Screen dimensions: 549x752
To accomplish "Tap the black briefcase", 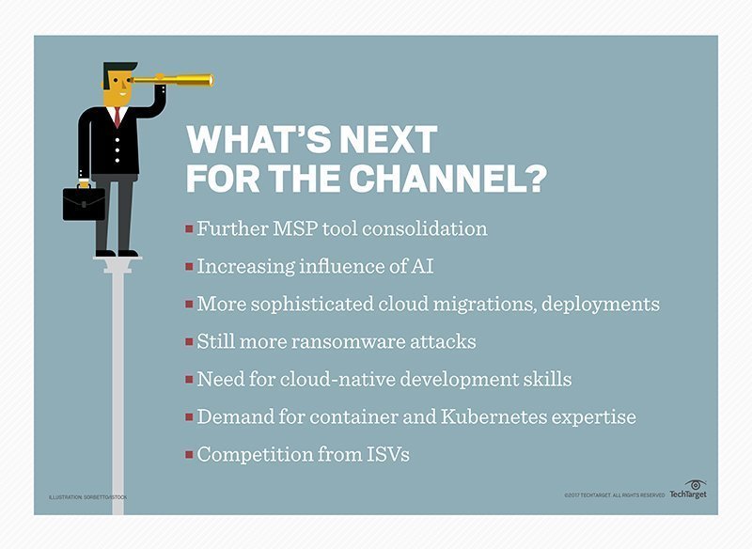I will (84, 202).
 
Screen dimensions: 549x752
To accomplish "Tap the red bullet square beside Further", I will (190, 229).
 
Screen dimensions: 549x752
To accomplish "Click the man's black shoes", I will (117, 252).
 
